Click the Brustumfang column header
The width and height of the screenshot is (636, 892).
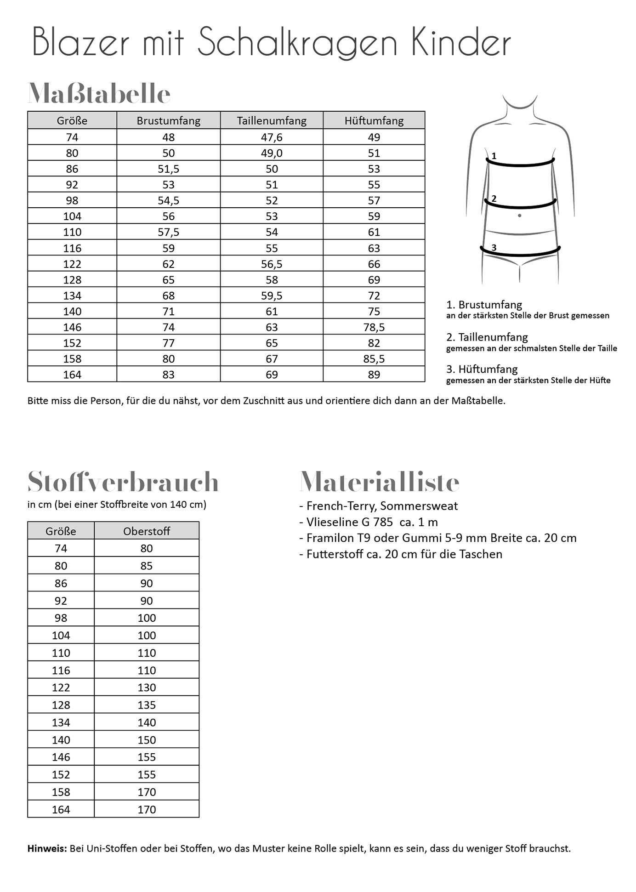pyautogui.click(x=169, y=120)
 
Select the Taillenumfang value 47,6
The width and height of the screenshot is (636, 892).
pyautogui.click(x=272, y=137)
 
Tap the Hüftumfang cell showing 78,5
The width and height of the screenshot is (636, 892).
pyautogui.click(x=374, y=327)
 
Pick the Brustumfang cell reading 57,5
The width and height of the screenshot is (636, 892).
pyautogui.click(x=169, y=232)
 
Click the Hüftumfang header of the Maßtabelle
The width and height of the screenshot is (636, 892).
pyautogui.click(x=374, y=120)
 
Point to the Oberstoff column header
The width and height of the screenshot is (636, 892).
pyautogui.click(x=147, y=531)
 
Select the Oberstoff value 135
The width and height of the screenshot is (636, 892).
pyautogui.click(x=147, y=705)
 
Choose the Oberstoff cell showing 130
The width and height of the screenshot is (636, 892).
pyautogui.click(x=147, y=687)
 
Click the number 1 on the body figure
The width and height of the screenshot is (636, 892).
pyautogui.click(x=494, y=156)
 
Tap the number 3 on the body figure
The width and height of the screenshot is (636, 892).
pyautogui.click(x=494, y=248)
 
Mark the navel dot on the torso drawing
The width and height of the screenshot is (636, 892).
pyautogui.click(x=520, y=216)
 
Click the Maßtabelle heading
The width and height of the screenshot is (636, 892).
pyautogui.click(x=99, y=94)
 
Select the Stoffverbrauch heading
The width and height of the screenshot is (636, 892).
pyautogui.click(x=123, y=482)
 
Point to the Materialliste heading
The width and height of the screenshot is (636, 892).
pyautogui.click(x=379, y=482)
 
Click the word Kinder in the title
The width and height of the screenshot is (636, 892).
pyautogui.click(x=461, y=42)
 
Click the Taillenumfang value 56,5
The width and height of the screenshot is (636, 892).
pyautogui.click(x=272, y=264)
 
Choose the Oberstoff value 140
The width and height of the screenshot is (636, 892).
pyautogui.click(x=147, y=722)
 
